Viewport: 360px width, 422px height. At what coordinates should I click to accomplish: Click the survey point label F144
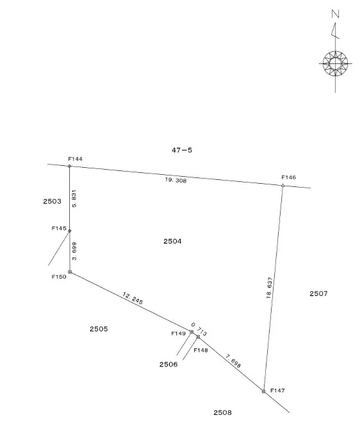click(75, 159)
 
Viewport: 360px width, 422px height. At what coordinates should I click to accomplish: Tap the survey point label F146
click(289, 177)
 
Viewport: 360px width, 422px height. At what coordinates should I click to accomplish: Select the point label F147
click(277, 391)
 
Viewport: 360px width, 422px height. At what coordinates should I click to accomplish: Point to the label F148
click(201, 350)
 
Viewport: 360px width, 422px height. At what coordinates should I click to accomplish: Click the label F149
click(179, 334)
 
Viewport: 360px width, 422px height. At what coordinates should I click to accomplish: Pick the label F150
click(59, 277)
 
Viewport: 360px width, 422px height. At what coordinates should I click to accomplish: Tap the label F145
click(59, 228)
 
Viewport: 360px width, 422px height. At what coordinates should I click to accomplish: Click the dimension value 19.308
click(176, 180)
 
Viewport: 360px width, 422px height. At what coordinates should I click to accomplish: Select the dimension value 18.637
click(269, 288)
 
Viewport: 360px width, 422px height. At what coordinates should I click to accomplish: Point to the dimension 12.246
click(133, 298)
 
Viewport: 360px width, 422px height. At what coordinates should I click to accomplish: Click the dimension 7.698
click(233, 361)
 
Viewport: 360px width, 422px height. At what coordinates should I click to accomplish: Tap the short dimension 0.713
click(199, 329)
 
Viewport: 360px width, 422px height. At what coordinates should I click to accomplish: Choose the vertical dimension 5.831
click(74, 199)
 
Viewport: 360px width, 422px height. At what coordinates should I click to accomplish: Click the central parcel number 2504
click(172, 241)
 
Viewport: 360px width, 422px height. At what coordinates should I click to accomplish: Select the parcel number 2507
click(318, 293)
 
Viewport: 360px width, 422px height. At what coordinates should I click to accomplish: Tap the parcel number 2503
click(53, 201)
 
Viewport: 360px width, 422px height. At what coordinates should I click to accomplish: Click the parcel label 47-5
click(182, 150)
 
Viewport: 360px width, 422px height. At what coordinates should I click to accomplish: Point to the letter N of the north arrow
click(335, 13)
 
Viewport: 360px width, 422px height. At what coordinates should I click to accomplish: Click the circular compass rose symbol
click(335, 64)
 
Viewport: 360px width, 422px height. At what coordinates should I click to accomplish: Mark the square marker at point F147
click(264, 391)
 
